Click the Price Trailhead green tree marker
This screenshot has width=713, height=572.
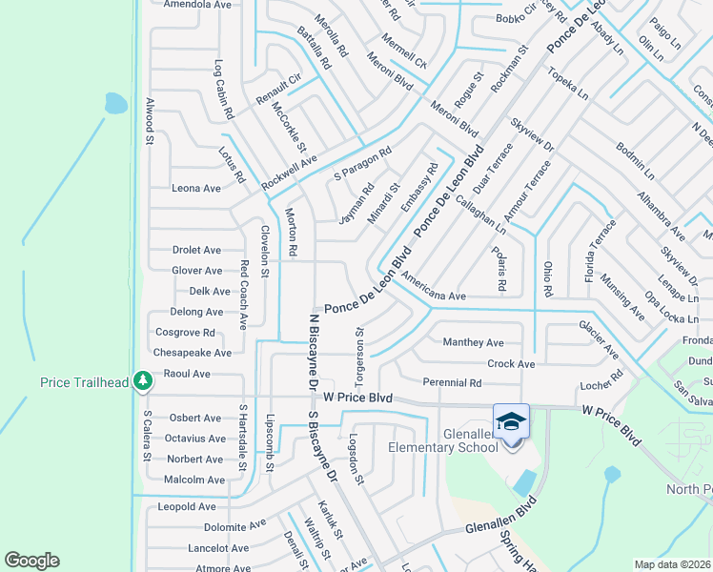(x=143, y=381)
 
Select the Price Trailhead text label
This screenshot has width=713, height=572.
(x=84, y=382)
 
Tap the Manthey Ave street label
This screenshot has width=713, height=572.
(x=473, y=342)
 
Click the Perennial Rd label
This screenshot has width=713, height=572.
(x=453, y=382)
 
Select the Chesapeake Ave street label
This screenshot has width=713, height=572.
(x=193, y=353)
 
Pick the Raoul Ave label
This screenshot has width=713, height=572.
(x=187, y=374)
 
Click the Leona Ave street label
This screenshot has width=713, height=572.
(x=195, y=188)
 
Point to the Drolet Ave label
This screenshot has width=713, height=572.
(x=196, y=250)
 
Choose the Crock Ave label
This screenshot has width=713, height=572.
(x=511, y=363)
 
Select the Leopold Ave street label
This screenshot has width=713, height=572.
(x=187, y=506)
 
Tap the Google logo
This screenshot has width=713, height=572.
(x=31, y=561)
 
